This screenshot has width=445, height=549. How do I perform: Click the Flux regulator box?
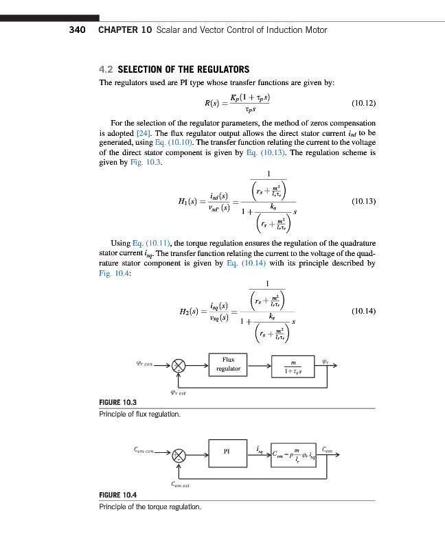[x=229, y=364]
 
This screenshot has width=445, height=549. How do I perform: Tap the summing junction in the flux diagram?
[x=179, y=366]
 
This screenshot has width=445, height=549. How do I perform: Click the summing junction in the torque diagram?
[x=179, y=454]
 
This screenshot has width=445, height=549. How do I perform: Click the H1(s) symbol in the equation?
[x=188, y=200]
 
